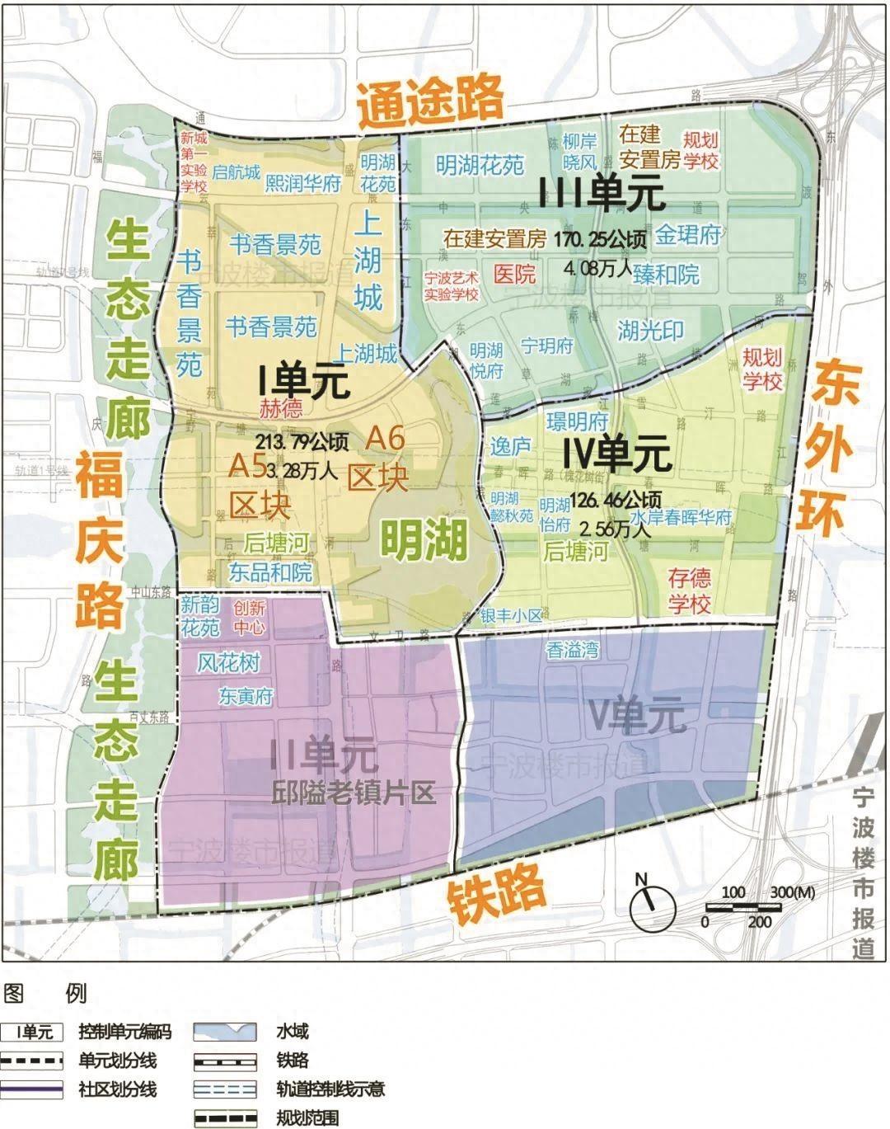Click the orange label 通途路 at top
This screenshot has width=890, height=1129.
(430, 101)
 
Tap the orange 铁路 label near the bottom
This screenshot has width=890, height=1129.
(497, 892)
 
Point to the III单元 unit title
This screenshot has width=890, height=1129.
(602, 193)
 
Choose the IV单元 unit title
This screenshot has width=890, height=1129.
(617, 455)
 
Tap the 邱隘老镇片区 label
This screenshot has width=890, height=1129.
(353, 793)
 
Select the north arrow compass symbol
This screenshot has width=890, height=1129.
(653, 906)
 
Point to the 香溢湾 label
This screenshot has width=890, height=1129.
(572, 650)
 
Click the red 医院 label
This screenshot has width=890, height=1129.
(514, 273)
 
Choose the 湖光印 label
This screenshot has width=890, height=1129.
(651, 331)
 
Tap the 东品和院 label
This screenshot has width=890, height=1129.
(270, 572)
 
